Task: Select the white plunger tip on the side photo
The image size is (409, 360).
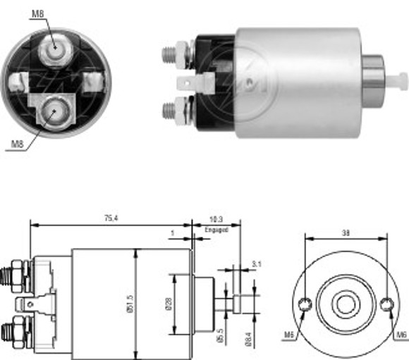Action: pos(401,77)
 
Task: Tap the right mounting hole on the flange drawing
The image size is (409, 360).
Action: pos(386,304)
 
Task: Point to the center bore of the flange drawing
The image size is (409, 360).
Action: pos(346,304)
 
